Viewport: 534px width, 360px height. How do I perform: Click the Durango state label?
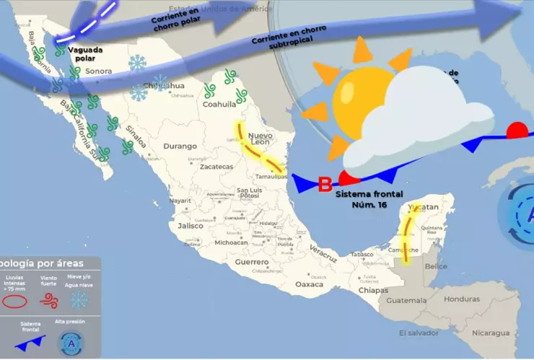[180, 146]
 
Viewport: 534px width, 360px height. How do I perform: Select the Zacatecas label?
[216, 167]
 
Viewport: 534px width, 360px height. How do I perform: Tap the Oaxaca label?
[310, 284]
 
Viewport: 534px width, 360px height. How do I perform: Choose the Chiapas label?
[373, 290]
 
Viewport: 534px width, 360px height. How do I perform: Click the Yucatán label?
[423, 208]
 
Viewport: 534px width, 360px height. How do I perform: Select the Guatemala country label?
[406, 300]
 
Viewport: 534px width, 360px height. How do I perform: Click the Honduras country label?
[462, 299]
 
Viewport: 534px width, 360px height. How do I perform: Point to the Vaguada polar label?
[85, 54]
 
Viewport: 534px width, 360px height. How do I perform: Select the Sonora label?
[98, 72]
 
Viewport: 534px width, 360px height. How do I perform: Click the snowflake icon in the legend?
[77, 300]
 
